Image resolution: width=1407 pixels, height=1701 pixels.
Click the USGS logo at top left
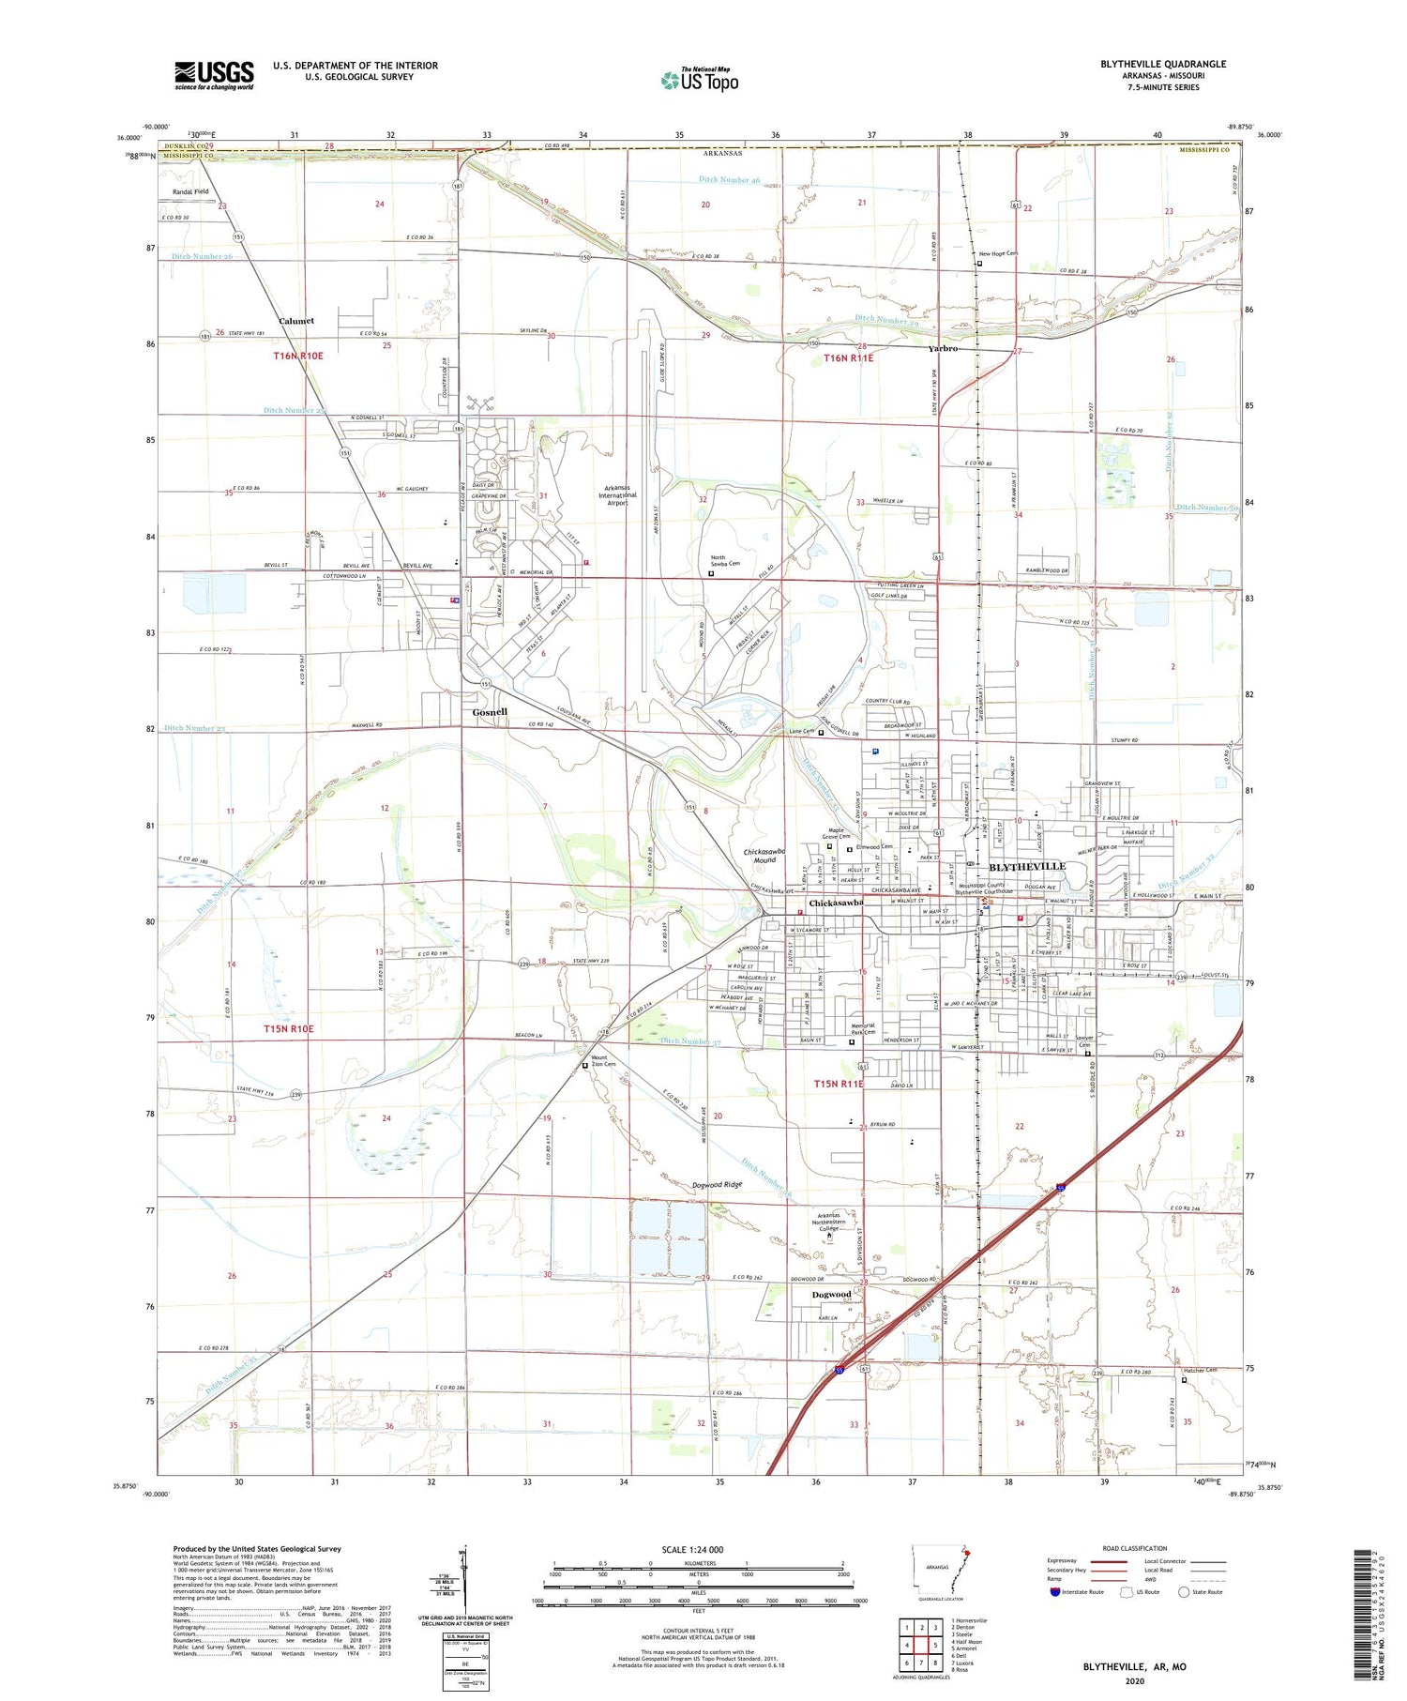coord(214,75)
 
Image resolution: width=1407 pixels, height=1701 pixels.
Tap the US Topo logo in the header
coord(699,80)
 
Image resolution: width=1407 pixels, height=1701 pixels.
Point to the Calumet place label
coord(296,321)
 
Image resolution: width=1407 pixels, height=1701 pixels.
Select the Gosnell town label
coord(490,712)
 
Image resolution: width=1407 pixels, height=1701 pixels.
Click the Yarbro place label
coord(943,349)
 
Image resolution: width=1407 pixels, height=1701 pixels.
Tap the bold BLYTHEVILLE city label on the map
coord(1027,866)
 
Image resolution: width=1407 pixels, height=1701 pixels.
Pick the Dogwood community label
coord(831,1295)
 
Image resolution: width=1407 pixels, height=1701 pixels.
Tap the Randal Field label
coord(190,191)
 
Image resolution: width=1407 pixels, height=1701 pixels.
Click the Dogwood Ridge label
coord(718,1185)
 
